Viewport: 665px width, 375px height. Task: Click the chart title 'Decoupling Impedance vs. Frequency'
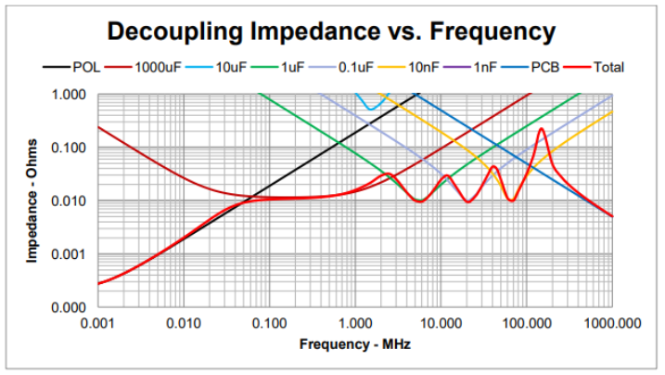(x=332, y=31)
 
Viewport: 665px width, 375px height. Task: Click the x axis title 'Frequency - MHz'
(x=354, y=344)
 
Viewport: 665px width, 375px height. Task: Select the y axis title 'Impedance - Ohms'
(x=32, y=201)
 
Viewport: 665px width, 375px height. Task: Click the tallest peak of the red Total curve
(x=541, y=129)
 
